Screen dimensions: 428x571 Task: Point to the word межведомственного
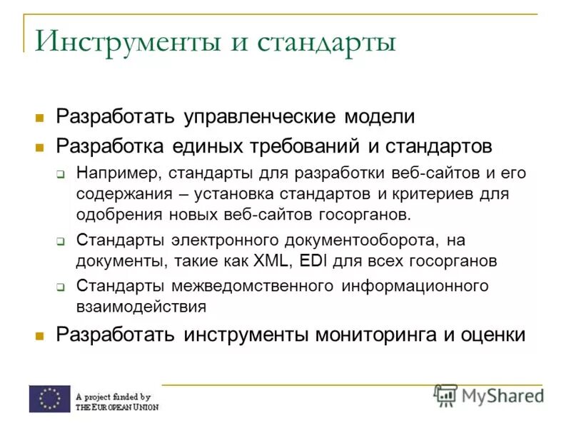click(x=252, y=286)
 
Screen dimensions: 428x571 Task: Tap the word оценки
click(x=492, y=334)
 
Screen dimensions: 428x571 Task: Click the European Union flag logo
click(x=49, y=399)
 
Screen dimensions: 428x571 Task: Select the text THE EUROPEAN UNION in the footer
click(x=117, y=407)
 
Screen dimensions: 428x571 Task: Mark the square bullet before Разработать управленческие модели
click(x=40, y=116)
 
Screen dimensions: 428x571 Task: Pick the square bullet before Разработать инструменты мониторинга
click(x=40, y=335)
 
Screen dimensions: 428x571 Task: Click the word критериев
click(x=446, y=194)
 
